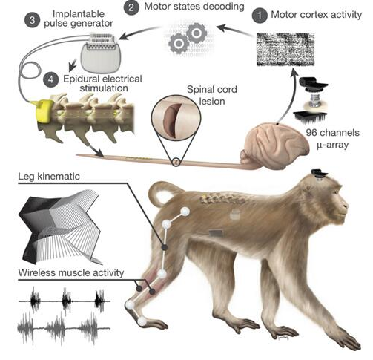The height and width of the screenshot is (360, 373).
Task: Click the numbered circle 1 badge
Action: coord(260,16)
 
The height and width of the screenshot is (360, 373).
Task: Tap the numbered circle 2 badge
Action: coord(131,7)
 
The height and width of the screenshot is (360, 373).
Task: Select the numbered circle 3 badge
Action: coord(33,20)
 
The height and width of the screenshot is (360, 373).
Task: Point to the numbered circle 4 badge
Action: coord(51,79)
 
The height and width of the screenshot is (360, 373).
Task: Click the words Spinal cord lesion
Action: coord(212,95)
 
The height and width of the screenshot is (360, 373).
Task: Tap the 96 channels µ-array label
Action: coord(332,139)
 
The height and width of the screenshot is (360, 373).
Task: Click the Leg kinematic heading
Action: coord(49,177)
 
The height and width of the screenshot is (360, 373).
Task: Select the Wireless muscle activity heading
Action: coord(71,272)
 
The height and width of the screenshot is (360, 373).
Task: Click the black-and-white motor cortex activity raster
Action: coord(285,50)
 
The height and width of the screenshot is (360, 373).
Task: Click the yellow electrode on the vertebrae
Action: coord(42,110)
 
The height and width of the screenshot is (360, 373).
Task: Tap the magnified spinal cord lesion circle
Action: coord(176,120)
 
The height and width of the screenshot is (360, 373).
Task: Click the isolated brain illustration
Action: coord(274,146)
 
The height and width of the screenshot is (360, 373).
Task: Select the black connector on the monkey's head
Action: coord(320,173)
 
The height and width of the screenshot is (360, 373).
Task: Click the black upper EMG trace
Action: coord(65,301)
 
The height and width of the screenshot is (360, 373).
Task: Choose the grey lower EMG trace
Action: coord(64,328)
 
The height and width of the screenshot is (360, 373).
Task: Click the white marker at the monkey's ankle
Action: coord(129,305)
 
